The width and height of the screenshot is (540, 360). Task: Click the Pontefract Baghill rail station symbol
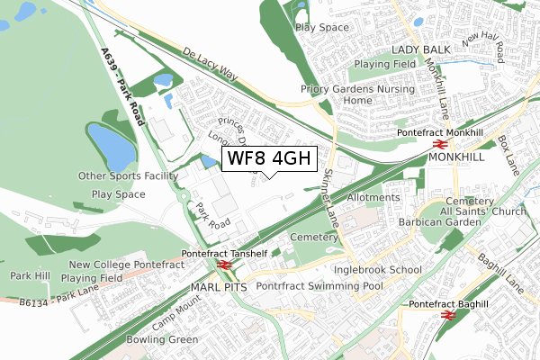447,317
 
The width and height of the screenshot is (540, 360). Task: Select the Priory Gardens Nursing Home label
357,94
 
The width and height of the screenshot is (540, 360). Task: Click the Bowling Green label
163,339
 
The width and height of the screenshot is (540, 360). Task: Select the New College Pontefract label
126,265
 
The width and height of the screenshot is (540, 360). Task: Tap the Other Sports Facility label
130,176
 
